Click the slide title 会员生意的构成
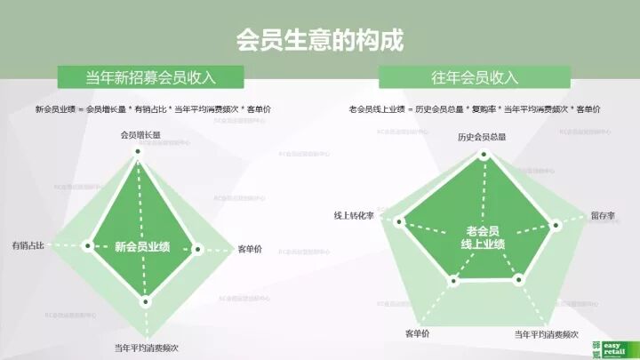[319, 40]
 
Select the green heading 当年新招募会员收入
[151, 77]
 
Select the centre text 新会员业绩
[142, 247]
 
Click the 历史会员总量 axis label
[482, 137]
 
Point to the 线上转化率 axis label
[353, 216]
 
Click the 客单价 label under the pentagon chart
[417, 333]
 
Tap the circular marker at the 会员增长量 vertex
[138, 153]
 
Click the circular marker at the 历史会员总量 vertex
[484, 155]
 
